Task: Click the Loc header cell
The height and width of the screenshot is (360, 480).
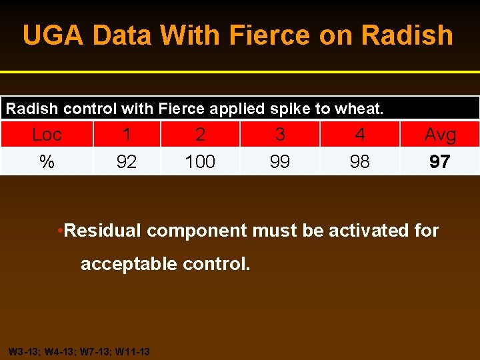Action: tap(47, 135)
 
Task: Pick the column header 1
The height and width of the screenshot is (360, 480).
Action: tap(127, 135)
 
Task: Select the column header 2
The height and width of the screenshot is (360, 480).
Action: tap(200, 135)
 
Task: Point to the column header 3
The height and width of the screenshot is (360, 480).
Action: tap(280, 135)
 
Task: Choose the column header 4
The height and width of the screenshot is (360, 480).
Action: tap(360, 135)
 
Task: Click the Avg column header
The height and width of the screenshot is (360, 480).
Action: tap(440, 135)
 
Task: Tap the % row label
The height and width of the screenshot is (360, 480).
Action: tap(47, 162)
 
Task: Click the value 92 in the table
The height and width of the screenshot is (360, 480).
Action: tap(127, 162)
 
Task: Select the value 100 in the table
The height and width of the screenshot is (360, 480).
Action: tap(200, 162)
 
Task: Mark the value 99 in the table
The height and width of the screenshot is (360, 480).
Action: tap(280, 162)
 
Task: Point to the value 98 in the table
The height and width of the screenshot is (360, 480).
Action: tap(360, 162)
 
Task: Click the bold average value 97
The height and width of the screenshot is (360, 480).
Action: tap(440, 162)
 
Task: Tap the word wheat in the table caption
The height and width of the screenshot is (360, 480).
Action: tap(361, 109)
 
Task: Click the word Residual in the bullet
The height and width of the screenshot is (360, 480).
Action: tap(103, 231)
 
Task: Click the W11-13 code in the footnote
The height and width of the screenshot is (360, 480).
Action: tap(133, 351)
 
